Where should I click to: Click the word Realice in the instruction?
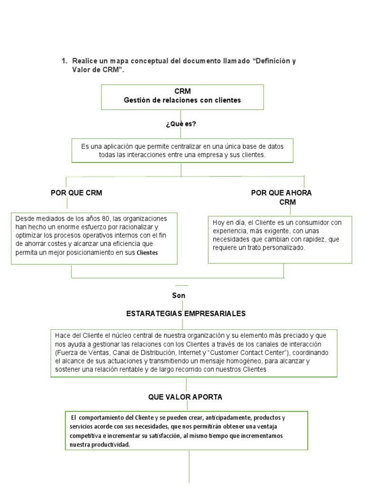[x=85, y=62]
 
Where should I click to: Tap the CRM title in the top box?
[x=182, y=91]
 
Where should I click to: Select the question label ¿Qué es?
[x=181, y=124]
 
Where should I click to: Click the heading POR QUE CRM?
[x=77, y=193]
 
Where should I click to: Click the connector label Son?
[x=179, y=296]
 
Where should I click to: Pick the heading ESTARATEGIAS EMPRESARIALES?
[x=186, y=314]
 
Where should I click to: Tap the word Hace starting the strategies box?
[x=62, y=336]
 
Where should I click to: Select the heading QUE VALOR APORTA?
[x=185, y=397]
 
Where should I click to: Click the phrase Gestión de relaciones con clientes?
[x=182, y=100]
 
